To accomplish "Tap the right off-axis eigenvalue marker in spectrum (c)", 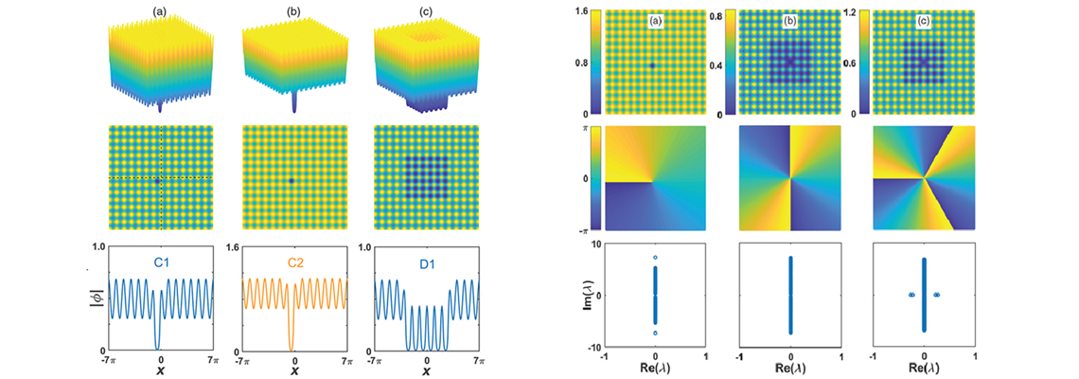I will click(x=936, y=295).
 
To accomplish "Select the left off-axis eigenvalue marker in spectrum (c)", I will click(x=911, y=295).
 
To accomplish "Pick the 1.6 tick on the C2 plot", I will click(x=231, y=245).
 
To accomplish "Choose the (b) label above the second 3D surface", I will click(x=292, y=12).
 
